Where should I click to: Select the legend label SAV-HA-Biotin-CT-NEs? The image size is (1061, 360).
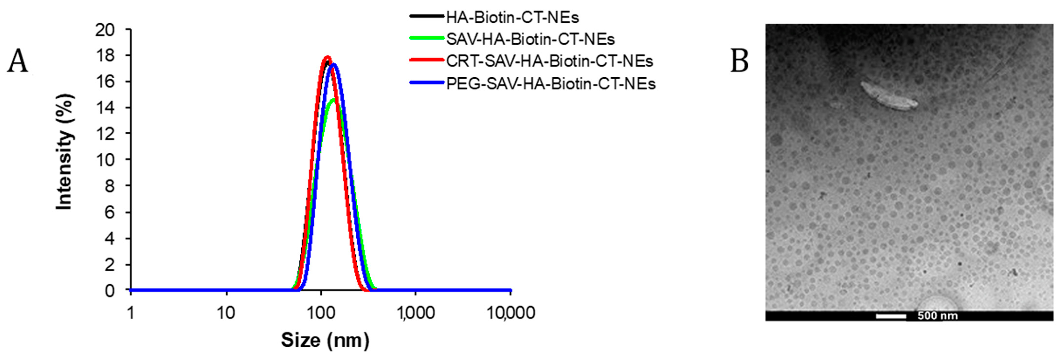[530, 40]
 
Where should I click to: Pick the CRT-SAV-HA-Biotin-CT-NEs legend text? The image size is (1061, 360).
[549, 61]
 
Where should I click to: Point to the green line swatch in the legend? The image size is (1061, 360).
[427, 38]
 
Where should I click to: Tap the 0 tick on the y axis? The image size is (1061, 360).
[110, 291]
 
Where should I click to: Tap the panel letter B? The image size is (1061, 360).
[739, 61]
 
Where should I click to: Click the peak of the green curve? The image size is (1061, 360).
[333, 99]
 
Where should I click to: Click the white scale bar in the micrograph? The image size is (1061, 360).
[891, 316]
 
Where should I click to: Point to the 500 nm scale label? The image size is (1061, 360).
[937, 316]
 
